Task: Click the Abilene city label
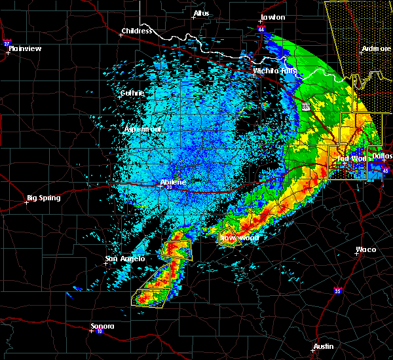(x=174, y=183)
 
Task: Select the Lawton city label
(x=272, y=17)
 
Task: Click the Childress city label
(x=137, y=31)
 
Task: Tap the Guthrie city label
(x=132, y=93)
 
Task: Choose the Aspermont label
(x=143, y=130)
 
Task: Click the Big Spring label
(x=43, y=198)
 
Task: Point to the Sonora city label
(x=102, y=326)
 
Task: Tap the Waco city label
(x=365, y=249)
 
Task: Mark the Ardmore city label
(x=376, y=49)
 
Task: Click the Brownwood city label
(x=239, y=238)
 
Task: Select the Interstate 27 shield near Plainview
(x=7, y=44)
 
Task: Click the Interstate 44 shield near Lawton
(x=261, y=29)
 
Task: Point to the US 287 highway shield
(x=307, y=106)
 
